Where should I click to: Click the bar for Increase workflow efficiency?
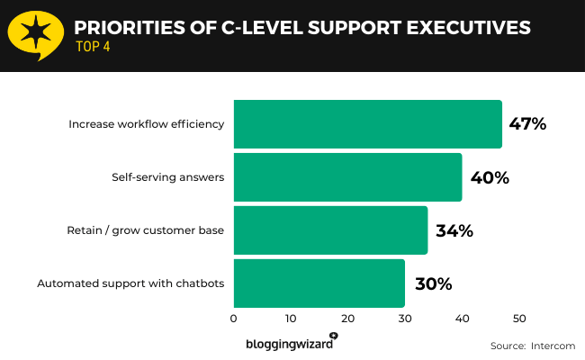click(x=367, y=124)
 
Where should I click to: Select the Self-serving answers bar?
click(x=347, y=177)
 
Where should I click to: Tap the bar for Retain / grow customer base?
click(x=330, y=230)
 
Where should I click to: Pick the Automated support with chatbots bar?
click(x=319, y=283)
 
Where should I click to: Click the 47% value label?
click(x=527, y=124)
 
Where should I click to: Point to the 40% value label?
click(x=490, y=177)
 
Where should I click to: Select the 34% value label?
click(x=454, y=230)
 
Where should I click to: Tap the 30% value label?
click(x=433, y=283)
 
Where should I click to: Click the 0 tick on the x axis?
click(x=234, y=318)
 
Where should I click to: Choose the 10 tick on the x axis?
click(x=291, y=318)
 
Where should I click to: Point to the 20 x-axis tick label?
click(x=348, y=318)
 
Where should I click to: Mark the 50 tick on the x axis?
click(x=519, y=318)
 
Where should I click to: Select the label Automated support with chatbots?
click(x=130, y=283)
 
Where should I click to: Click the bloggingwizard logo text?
click(x=287, y=344)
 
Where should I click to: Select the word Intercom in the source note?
click(x=552, y=346)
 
